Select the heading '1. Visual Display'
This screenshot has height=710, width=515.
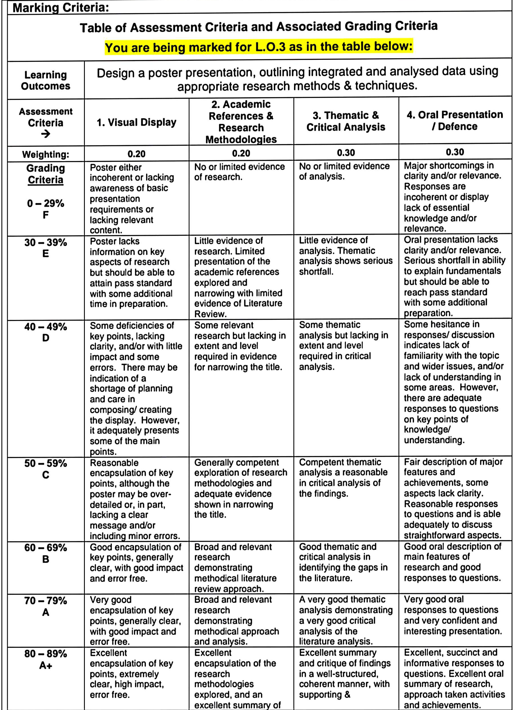coord(136,122)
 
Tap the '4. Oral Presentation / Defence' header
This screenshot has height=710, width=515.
coord(455,121)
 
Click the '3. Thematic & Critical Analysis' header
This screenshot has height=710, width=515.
coord(346,121)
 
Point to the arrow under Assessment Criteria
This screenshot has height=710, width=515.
coord(46,134)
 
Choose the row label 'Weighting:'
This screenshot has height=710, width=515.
coord(46,154)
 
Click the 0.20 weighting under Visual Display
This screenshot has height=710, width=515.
coord(136,154)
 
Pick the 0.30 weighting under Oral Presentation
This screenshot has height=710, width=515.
coord(455,152)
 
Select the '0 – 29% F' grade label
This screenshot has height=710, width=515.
coord(46,209)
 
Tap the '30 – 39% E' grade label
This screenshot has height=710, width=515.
coord(46,248)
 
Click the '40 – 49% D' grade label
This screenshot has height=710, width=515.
coord(46,332)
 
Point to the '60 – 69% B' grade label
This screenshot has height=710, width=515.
coord(46,553)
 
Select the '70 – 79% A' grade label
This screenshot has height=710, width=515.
coord(46,606)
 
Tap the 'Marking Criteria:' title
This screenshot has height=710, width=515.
coord(61,7)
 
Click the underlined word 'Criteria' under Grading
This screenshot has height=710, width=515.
coord(46,180)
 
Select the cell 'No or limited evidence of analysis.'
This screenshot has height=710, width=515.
coord(344,171)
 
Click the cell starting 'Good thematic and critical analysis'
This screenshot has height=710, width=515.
coord(343,562)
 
